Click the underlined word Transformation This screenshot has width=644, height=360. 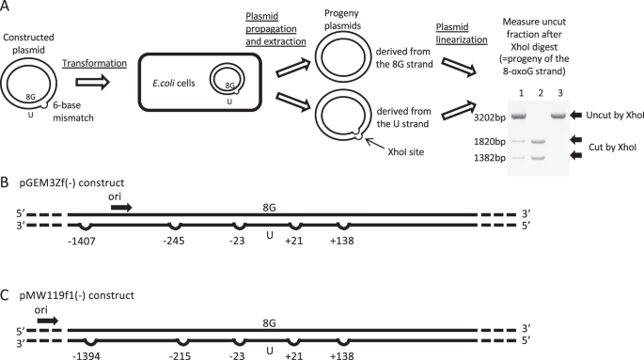94,63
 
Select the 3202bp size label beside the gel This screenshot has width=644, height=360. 490,117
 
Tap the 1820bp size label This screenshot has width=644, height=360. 490,142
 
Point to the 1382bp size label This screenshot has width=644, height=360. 490,158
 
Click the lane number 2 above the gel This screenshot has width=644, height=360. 541,94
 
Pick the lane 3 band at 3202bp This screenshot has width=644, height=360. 559,117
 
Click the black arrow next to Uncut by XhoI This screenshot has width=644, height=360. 576,116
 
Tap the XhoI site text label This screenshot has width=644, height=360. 406,152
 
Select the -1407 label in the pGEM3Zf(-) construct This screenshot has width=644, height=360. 82,241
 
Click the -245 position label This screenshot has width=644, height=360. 174,241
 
